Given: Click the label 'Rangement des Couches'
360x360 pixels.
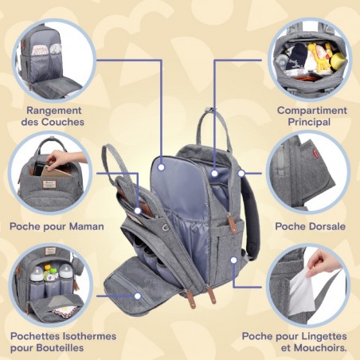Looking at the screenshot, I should [x=55, y=115].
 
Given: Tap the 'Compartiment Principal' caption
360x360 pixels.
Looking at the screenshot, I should [x=311, y=115].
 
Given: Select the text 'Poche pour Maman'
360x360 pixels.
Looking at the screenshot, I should [x=57, y=226].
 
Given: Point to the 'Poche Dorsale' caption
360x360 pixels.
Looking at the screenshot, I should [x=311, y=226].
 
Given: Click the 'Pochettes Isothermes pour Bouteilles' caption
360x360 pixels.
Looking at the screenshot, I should [x=63, y=342].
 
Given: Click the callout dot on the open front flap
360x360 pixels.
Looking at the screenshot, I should [x=137, y=295].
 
